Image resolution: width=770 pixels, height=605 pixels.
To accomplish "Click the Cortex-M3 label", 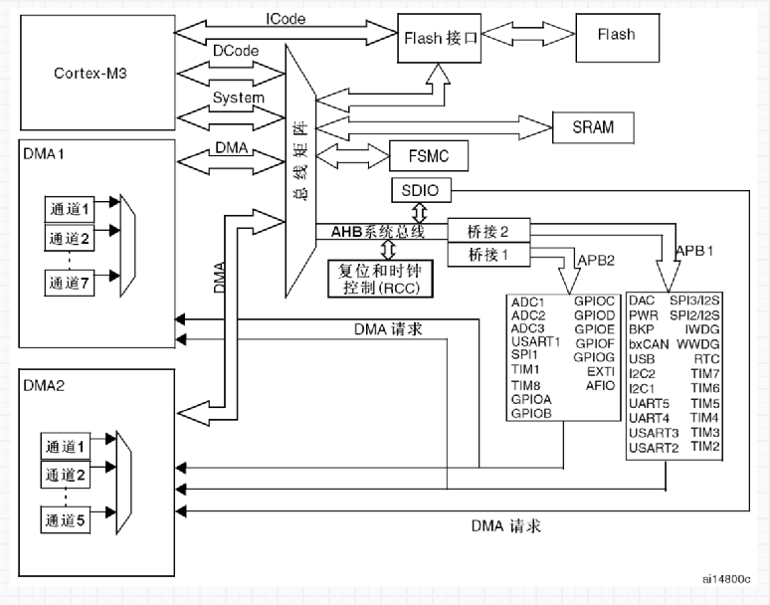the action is click(91, 74).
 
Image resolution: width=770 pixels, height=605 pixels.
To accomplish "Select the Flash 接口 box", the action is click(439, 38).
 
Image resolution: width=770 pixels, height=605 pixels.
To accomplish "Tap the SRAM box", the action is click(593, 127).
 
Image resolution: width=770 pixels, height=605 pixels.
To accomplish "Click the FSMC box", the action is click(429, 156).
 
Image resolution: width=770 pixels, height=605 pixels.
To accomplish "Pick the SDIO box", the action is click(421, 190).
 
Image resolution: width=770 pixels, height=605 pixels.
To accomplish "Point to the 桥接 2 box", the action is click(488, 230).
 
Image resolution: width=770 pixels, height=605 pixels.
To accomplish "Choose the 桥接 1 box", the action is click(488, 255).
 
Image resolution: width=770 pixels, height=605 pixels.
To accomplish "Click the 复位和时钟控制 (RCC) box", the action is click(381, 279).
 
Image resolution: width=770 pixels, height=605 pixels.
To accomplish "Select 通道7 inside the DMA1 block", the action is click(70, 283).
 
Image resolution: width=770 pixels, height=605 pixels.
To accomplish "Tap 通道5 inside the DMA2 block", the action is click(66, 520).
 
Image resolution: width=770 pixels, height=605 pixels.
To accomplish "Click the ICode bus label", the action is click(286, 19).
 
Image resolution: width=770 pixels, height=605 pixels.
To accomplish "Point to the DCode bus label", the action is click(236, 51).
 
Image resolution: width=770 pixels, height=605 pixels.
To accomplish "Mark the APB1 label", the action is click(694, 251).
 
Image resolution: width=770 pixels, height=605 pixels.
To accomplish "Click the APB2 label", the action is click(596, 260).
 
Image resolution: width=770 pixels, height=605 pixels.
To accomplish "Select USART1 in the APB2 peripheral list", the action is click(536, 341).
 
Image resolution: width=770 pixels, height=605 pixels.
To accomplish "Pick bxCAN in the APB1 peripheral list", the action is click(649, 344).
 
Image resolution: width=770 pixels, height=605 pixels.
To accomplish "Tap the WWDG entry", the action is click(697, 344).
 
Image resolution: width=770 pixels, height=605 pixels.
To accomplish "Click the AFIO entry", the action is click(600, 385).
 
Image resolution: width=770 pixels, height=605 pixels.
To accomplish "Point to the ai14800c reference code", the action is click(726, 579).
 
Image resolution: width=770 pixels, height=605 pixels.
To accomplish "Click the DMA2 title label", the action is click(44, 385).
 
